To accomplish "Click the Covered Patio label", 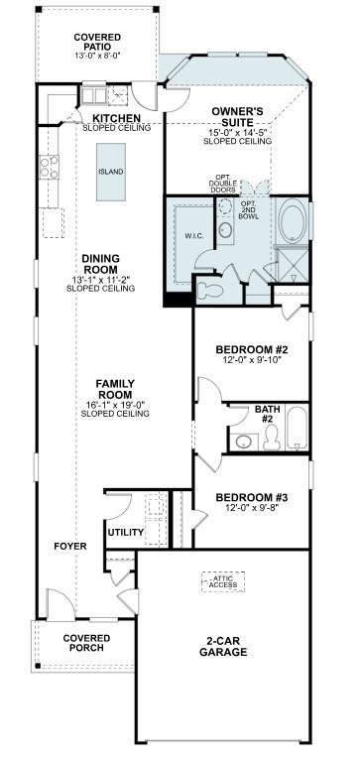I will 97,43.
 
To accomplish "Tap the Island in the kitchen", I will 111,171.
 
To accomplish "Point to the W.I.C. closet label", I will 193,235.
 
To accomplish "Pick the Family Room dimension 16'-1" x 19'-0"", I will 115,403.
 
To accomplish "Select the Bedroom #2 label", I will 252,349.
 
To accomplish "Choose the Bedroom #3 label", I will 252,497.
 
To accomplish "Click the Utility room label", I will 126,533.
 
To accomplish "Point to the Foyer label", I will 70,547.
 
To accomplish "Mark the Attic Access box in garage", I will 222,581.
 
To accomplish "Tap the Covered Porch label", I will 86,644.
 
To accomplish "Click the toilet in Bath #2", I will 241,442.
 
